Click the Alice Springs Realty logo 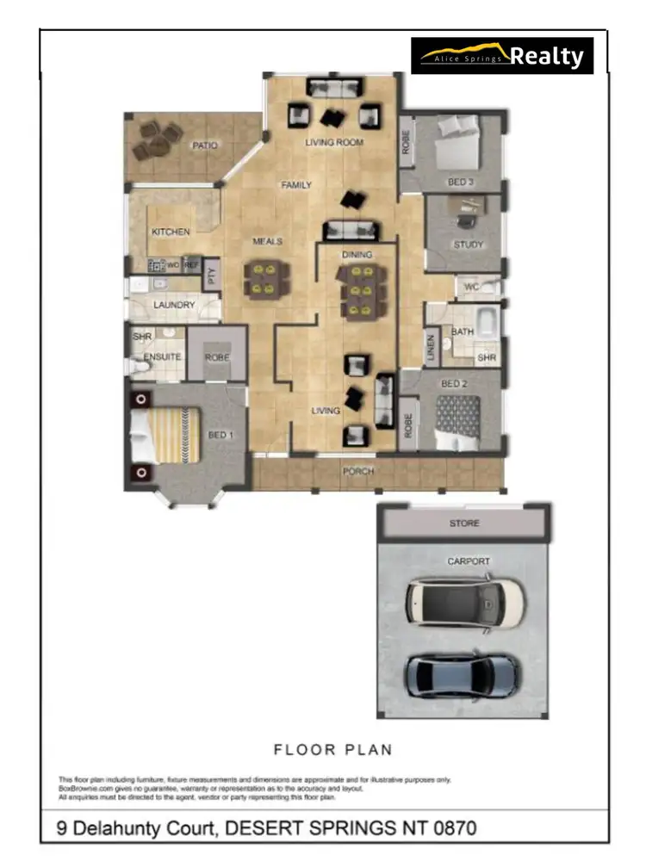[502, 56]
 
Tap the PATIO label [204, 146]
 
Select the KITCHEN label [171, 232]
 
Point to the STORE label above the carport [464, 523]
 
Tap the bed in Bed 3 [457, 144]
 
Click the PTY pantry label [212, 276]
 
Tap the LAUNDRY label [174, 305]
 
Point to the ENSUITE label [161, 356]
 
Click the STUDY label [469, 245]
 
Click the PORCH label [358, 472]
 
